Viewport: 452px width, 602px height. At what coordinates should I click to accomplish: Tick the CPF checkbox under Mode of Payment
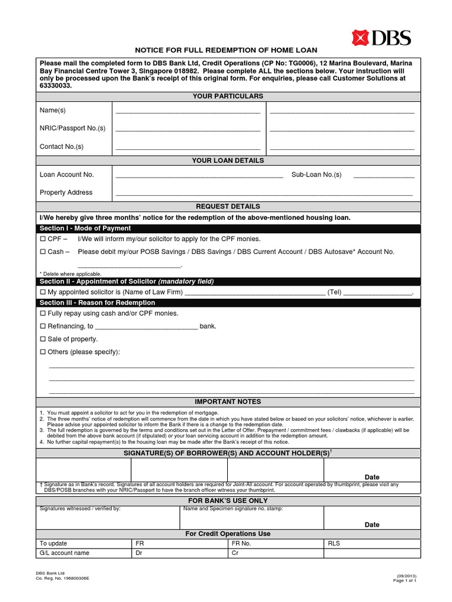click(x=42, y=239)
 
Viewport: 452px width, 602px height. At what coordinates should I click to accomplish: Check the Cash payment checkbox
click(x=42, y=252)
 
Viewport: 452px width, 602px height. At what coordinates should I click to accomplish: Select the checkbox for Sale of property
click(x=42, y=339)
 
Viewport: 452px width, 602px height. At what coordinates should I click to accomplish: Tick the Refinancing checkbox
click(x=42, y=326)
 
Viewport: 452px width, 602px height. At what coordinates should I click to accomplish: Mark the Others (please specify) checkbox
click(x=42, y=352)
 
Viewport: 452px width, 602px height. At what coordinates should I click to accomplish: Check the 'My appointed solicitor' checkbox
click(x=42, y=292)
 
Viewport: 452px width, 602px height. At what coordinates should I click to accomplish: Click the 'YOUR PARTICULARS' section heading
click(x=228, y=96)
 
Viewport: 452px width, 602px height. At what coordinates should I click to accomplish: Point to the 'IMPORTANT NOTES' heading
click(x=228, y=402)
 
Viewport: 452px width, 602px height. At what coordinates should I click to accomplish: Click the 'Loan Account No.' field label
click(x=67, y=175)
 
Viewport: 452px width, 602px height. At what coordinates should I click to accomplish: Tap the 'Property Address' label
click(x=66, y=192)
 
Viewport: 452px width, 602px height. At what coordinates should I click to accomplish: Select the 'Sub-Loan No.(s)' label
click(x=316, y=175)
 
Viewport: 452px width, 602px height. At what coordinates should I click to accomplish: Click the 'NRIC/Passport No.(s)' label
click(x=72, y=128)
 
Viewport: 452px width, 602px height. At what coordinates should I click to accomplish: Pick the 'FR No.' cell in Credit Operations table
click(x=241, y=544)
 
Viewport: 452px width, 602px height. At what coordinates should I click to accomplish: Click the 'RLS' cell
click(x=334, y=544)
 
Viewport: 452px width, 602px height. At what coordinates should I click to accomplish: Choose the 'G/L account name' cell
click(x=64, y=553)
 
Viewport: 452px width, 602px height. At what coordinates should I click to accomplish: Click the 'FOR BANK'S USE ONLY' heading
click(x=228, y=501)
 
